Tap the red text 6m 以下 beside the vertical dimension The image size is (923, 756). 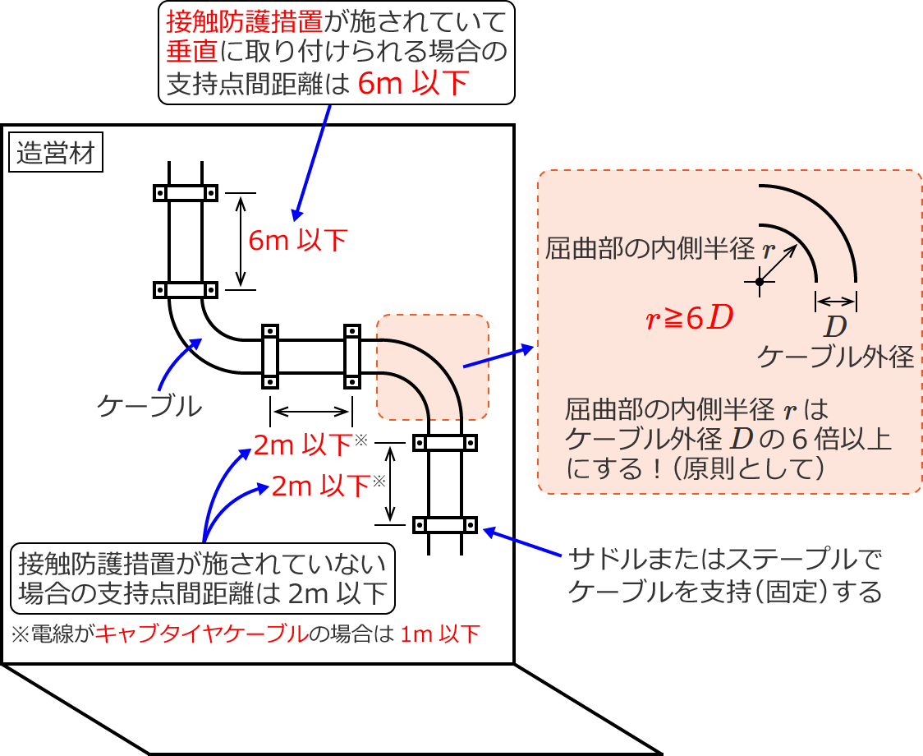(298, 240)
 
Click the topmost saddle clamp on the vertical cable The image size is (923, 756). (185, 193)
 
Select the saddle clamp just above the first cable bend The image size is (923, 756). (185, 289)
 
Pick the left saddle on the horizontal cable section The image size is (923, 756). (269, 356)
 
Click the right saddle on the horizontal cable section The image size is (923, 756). (351, 356)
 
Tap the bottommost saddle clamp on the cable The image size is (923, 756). (445, 524)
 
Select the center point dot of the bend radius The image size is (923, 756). (760, 282)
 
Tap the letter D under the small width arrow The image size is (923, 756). (835, 326)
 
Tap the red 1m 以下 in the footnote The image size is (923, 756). (439, 634)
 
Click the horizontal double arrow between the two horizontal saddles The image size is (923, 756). (310, 409)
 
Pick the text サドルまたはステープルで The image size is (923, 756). (724, 561)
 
